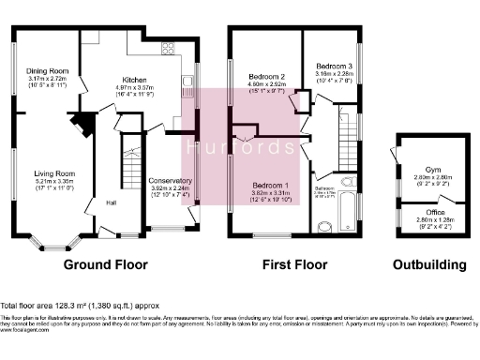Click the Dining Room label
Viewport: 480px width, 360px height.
pyautogui.click(x=48, y=71)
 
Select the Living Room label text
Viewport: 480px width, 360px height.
pyautogui.click(x=56, y=174)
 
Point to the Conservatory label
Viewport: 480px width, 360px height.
pyautogui.click(x=170, y=180)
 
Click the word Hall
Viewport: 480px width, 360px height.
pyautogui.click(x=110, y=202)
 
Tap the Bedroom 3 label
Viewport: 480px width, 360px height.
pyautogui.click(x=334, y=67)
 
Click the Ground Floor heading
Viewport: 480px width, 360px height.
pyautogui.click(x=106, y=264)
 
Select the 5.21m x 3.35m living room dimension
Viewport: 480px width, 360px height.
pyautogui.click(x=56, y=182)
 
